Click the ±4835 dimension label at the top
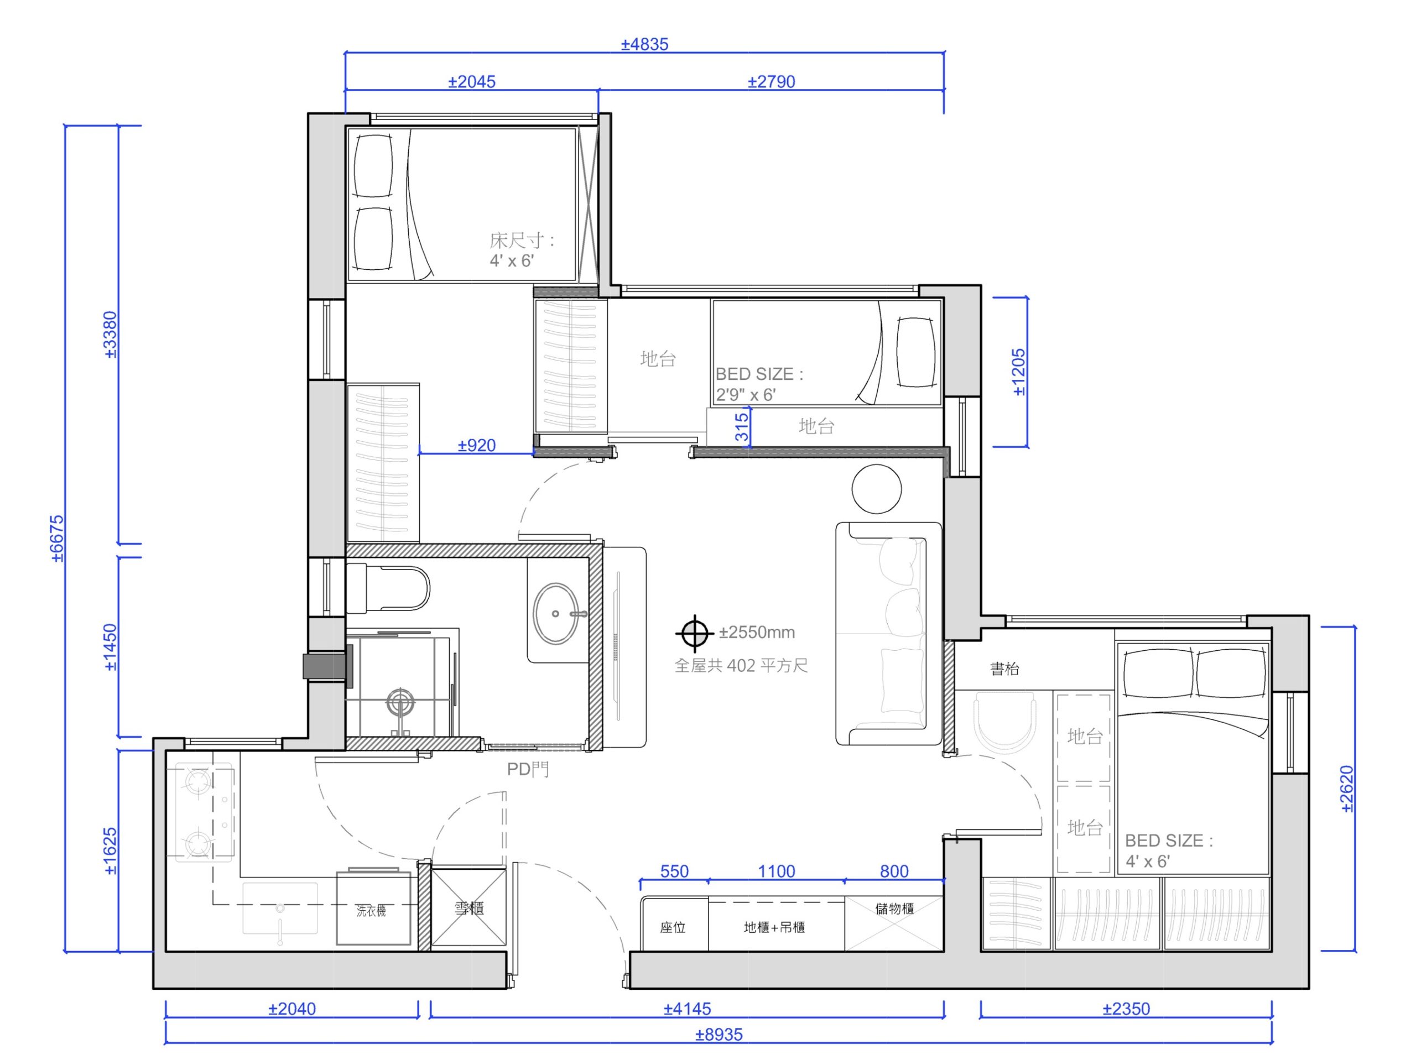point(644,44)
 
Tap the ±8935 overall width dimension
point(719,1035)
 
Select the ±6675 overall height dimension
point(58,539)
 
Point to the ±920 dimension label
point(477,446)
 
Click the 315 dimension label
point(742,427)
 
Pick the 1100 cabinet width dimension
point(777,871)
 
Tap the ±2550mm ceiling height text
point(757,633)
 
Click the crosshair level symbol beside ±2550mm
point(695,634)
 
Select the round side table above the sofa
point(876,489)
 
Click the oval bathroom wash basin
point(556,613)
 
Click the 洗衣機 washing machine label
point(371,910)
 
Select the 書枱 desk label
point(1004,669)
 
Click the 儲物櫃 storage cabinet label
point(894,908)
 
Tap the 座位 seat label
point(673,927)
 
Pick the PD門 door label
point(528,769)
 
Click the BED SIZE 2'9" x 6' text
point(759,384)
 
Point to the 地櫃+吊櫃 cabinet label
point(774,927)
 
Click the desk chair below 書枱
point(1004,720)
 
